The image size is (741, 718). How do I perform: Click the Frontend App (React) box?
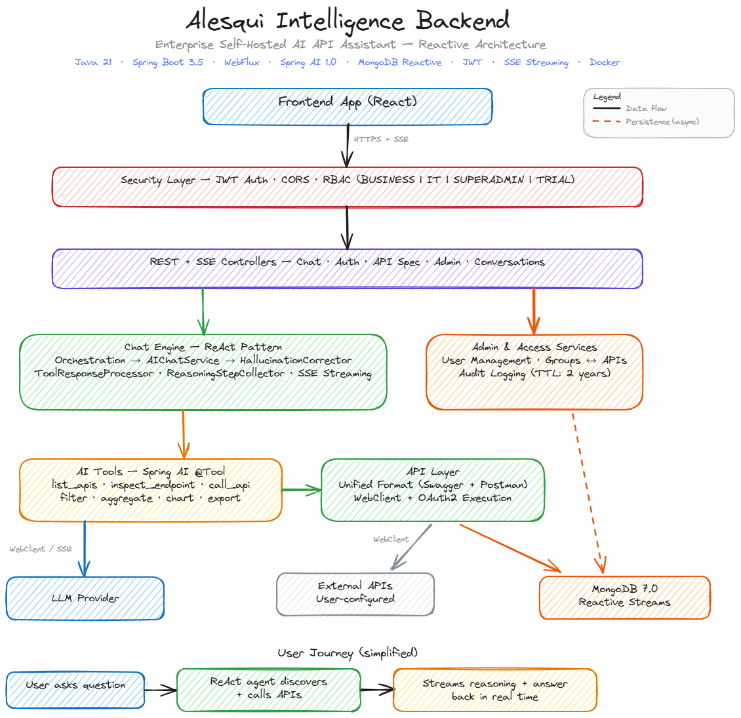point(348,106)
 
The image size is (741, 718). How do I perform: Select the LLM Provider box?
point(85,598)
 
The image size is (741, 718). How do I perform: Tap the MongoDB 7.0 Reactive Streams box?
point(624,597)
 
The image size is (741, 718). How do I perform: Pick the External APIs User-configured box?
point(355,593)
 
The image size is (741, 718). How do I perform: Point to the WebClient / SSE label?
point(41,549)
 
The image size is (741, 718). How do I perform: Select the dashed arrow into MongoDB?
point(588,492)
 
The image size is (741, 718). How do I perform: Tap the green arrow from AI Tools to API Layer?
point(302,490)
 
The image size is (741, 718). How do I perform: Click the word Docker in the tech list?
point(605,62)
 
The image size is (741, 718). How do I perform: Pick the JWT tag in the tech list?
point(472,62)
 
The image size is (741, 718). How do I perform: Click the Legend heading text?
point(607,97)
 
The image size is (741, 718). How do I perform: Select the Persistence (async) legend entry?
point(662,121)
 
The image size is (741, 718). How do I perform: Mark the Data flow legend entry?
point(646,108)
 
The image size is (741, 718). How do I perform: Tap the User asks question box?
point(75,690)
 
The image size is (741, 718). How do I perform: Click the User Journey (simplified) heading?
point(348,653)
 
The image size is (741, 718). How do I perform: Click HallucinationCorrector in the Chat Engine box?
point(296,360)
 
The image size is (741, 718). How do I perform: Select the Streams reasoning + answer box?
point(495,690)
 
